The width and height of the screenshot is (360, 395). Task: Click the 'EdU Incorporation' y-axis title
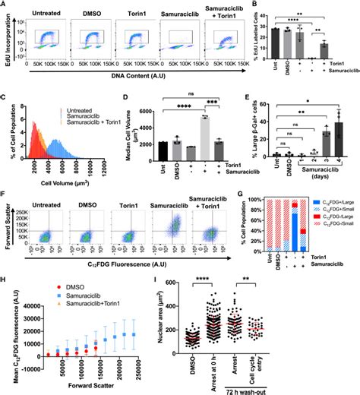pos(5,43)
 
